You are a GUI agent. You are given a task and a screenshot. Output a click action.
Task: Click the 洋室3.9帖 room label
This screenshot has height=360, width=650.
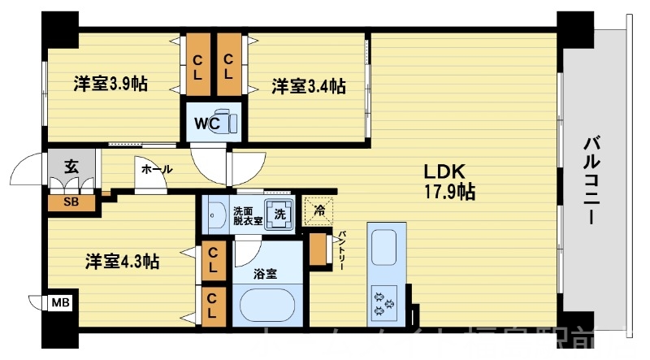tap(111, 84)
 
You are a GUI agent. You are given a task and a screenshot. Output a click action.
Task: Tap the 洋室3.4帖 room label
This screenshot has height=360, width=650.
tap(308, 85)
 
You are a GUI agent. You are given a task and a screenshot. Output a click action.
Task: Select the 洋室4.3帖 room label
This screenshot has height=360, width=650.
tap(123, 262)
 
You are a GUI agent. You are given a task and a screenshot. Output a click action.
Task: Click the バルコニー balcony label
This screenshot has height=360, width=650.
tap(591, 180)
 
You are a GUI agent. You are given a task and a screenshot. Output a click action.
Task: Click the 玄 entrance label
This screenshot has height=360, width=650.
tap(71, 168)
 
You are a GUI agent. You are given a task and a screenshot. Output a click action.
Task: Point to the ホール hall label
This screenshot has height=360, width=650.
tap(156, 170)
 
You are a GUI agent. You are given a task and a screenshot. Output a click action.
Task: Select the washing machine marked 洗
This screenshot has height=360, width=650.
tap(280, 215)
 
